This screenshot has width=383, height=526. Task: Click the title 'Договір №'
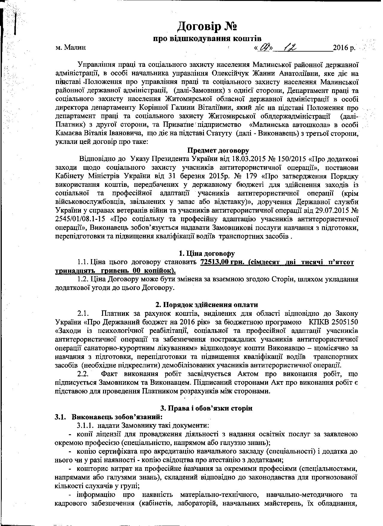[x=207, y=26]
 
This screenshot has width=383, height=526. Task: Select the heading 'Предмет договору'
[x=218, y=150]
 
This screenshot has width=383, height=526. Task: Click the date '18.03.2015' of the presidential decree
[x=247, y=159]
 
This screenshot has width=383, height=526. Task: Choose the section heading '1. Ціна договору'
[x=207, y=253]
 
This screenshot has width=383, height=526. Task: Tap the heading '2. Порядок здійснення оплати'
[x=207, y=305]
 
